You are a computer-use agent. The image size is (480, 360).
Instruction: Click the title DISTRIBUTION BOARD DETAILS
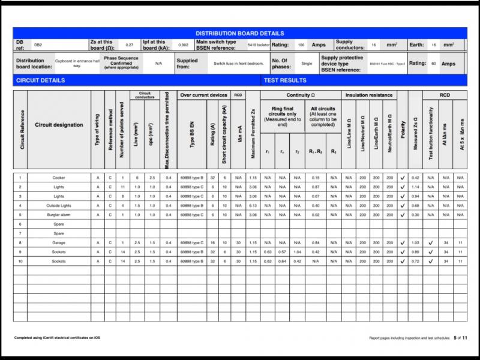point(240,34)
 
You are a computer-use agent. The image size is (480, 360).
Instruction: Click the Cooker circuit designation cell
point(59,178)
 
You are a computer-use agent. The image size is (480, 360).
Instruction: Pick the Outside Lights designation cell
point(59,205)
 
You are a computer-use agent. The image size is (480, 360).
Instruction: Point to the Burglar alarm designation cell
point(59,214)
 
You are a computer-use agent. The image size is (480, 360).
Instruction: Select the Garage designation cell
point(59,242)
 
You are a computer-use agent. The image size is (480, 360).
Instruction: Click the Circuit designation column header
point(59,125)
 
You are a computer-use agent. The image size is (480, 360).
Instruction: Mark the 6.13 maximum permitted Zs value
point(253,205)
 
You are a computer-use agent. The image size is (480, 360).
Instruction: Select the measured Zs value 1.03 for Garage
point(415,242)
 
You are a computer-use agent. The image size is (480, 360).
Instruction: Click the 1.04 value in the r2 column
point(297,252)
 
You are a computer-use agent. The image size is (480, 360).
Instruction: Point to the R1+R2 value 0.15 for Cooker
point(316,178)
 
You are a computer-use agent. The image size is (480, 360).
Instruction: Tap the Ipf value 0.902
point(184,45)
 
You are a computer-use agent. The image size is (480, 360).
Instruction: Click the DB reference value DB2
point(38,45)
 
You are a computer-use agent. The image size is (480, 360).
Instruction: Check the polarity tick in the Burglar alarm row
point(403,214)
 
